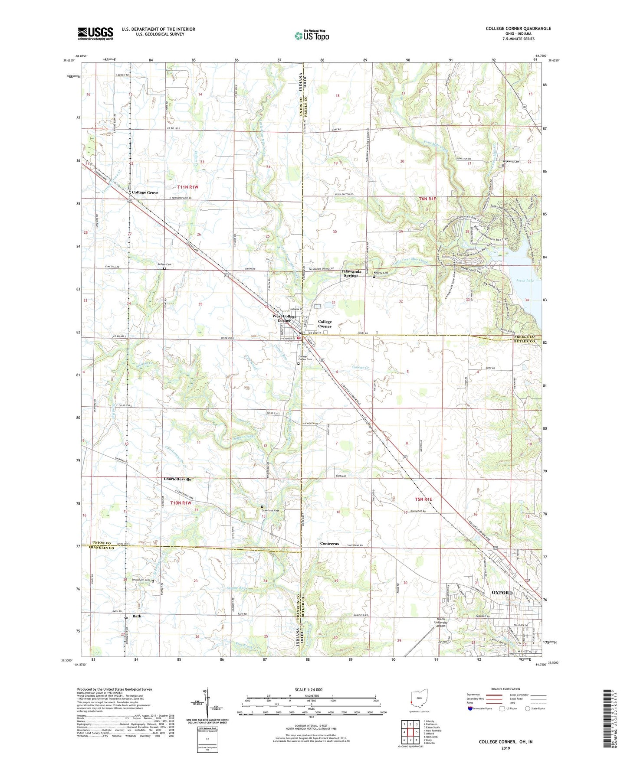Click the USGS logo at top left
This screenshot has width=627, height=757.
point(95,33)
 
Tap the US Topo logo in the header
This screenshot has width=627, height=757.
point(312,35)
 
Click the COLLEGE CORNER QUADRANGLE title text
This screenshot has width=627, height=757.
point(518,29)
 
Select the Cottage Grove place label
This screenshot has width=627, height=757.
point(145,193)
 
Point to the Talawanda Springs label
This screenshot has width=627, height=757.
point(351,273)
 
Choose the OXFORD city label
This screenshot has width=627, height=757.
point(502,592)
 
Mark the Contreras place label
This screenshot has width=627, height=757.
point(329,544)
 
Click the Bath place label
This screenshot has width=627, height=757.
point(137,616)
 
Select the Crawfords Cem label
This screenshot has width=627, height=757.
point(269,510)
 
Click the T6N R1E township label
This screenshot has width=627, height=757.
point(427,199)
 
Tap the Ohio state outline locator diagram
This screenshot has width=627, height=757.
point(419,700)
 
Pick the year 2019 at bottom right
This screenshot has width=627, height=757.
point(506,748)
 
